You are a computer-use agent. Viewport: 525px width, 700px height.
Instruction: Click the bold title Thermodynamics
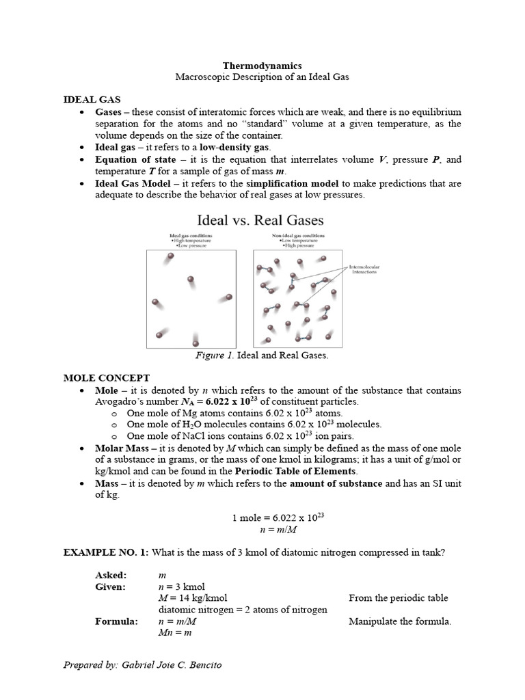262,66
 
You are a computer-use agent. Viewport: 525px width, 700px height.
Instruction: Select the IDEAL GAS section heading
92,99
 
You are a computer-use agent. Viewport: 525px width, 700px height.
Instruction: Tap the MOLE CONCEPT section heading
106,378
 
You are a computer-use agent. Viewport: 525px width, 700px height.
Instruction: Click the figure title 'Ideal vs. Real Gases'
260,220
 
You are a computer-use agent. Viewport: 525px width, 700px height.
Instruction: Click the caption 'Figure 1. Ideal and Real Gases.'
262,355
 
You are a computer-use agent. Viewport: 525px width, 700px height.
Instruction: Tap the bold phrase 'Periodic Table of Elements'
296,472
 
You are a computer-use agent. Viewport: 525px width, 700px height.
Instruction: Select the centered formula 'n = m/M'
262,529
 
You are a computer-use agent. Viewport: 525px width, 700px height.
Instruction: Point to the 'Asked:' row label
111,576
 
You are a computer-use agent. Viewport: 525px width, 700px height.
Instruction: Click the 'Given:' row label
111,587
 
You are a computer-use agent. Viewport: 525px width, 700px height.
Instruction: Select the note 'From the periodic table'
398,598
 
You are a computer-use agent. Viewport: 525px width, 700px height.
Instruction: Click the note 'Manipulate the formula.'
400,621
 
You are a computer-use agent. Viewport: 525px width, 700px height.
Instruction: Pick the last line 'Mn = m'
174,634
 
